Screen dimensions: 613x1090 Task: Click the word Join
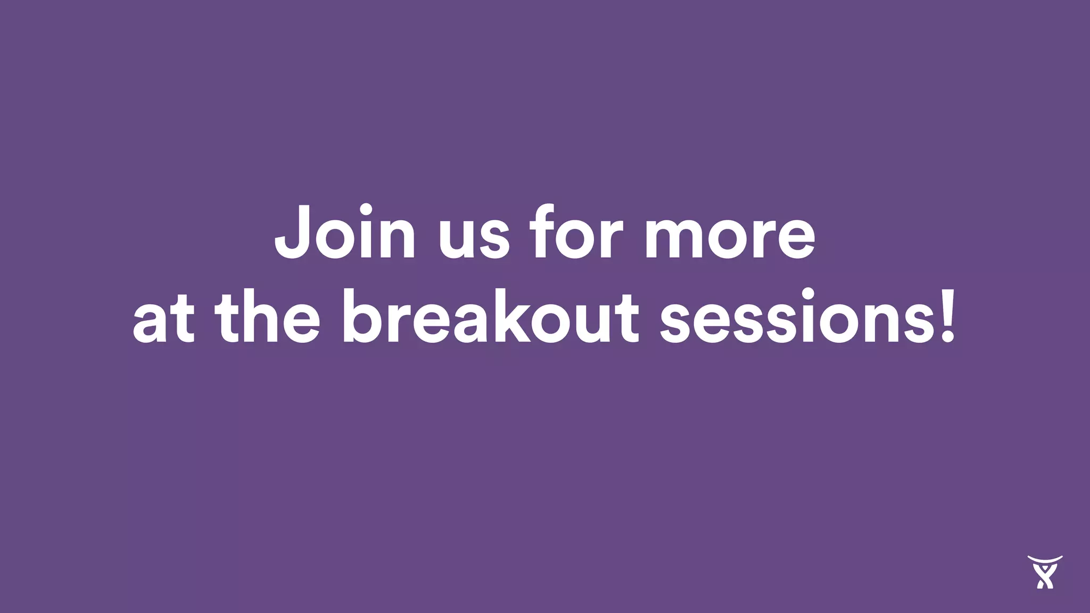pyautogui.click(x=344, y=232)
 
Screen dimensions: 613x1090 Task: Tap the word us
pyautogui.click(x=474, y=237)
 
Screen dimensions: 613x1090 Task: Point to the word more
pyautogui.click(x=729, y=237)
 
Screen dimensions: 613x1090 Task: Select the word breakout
pyautogui.click(x=490, y=317)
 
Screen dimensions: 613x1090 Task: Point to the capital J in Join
pyautogui.click(x=292, y=232)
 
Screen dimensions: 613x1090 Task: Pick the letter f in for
pyautogui.click(x=542, y=232)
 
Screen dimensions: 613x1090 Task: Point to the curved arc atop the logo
pyautogui.click(x=1045, y=559)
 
